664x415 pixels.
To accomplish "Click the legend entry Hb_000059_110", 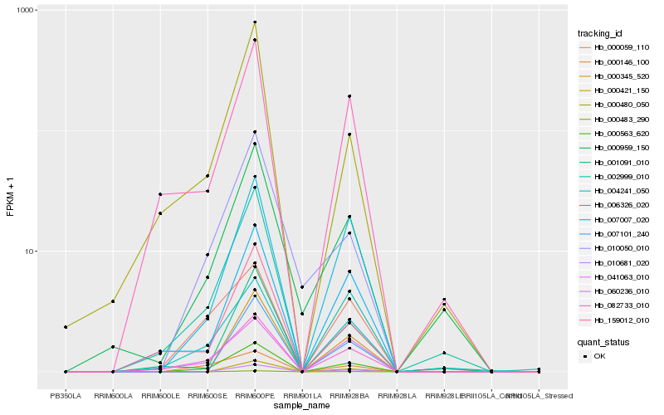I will coord(614,47).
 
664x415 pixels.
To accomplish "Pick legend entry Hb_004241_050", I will coord(614,190).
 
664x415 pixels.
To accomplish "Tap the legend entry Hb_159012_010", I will coord(614,320).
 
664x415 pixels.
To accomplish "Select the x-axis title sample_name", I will coord(302,406).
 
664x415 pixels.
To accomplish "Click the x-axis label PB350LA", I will coord(66,396).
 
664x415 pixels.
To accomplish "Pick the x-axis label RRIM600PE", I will coord(255,396).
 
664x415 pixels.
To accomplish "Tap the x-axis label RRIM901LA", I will coord(302,396).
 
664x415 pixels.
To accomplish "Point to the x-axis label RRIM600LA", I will coord(113,396).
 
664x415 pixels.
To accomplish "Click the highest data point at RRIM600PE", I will coord(255,22).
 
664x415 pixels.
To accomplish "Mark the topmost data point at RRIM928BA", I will coord(349,96).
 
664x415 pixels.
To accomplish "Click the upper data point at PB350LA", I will coord(66,327).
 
